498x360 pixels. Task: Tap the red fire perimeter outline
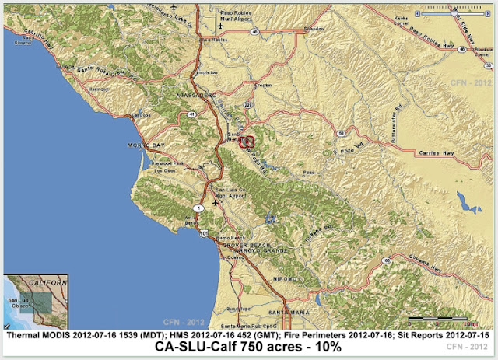(x=247, y=141)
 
